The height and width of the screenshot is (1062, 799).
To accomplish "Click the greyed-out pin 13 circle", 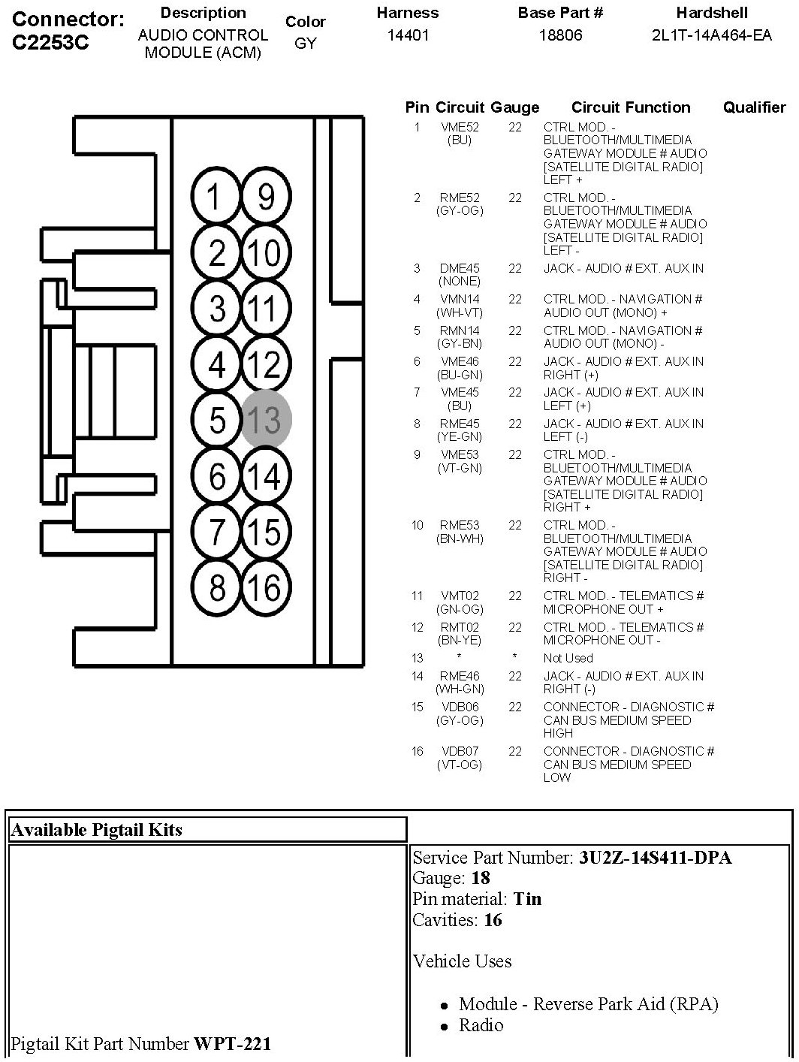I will [x=266, y=419].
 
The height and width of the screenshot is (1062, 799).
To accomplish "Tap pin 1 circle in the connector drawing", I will [x=216, y=197].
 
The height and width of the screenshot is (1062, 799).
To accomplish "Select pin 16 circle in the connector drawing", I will [x=266, y=587].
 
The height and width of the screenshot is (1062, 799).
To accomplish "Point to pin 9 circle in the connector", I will [x=266, y=197].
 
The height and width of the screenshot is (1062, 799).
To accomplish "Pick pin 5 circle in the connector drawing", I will [x=216, y=419].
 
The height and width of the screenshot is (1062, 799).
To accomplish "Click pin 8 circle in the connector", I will [x=216, y=587].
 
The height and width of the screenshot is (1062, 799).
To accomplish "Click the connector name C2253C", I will [x=51, y=42].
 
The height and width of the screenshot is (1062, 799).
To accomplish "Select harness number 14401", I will [x=408, y=35].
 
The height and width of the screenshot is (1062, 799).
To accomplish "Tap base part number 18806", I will [x=560, y=35].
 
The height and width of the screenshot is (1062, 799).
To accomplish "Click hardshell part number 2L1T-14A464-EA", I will [x=711, y=35].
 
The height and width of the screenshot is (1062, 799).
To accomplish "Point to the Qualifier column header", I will [x=754, y=107].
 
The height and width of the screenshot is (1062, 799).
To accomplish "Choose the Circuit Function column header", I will [x=631, y=107].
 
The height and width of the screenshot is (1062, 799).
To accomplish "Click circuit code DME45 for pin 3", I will [x=460, y=268].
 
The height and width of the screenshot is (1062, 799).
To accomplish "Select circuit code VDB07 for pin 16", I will [x=460, y=751].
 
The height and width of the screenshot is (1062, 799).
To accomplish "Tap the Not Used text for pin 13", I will [x=568, y=658].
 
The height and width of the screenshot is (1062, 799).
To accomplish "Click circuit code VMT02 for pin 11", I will [x=460, y=596].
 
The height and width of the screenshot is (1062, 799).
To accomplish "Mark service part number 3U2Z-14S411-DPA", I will [x=655, y=857].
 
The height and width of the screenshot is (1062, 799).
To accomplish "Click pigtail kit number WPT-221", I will [x=233, y=1043].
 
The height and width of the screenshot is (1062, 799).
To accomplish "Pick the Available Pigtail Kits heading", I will [x=96, y=830].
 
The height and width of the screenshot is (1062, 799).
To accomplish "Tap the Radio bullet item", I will [x=481, y=1025].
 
